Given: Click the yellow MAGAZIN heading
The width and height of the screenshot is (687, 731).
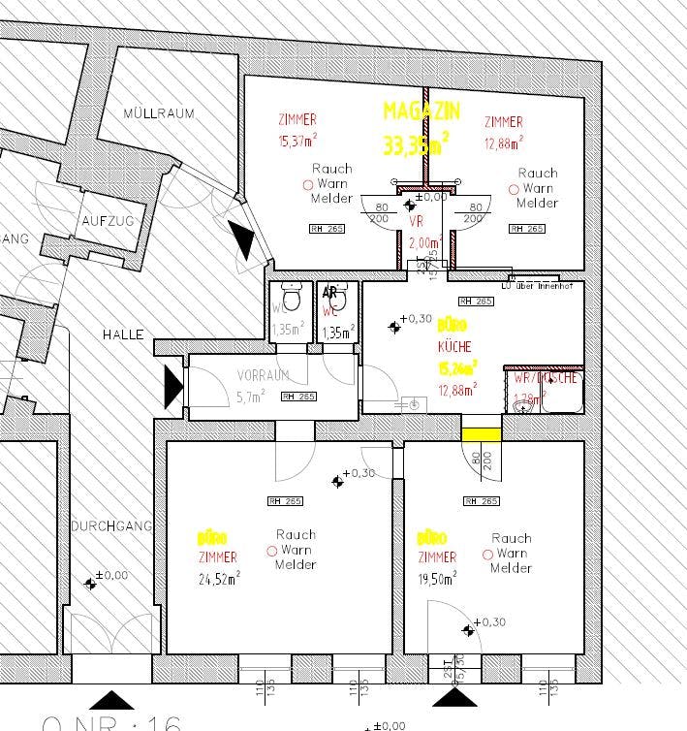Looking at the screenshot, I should (422, 110).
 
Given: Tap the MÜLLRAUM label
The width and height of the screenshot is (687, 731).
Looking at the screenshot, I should (159, 113).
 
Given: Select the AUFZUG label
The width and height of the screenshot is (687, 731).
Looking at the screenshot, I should (107, 221).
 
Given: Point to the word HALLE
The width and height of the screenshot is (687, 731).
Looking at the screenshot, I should (123, 334).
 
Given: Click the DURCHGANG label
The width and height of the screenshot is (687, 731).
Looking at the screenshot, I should (111, 526).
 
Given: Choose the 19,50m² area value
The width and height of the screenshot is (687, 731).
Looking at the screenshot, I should (438, 577).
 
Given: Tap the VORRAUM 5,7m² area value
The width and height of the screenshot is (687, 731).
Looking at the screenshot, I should (251, 397).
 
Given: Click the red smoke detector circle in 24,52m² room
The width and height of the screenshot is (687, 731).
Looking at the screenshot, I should (272, 551).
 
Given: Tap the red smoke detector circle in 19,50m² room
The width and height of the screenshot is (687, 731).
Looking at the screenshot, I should (487, 555).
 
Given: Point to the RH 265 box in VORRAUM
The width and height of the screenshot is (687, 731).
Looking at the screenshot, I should (299, 397).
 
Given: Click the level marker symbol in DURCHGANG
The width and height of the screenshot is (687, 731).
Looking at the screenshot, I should (90, 583).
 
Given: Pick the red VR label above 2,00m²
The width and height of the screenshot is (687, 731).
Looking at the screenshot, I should (417, 222).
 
